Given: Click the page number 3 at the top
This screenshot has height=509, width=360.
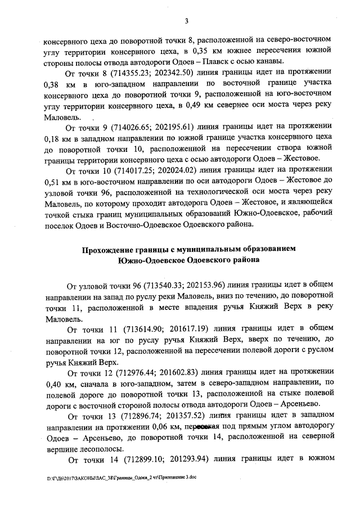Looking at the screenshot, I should [185, 22].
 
